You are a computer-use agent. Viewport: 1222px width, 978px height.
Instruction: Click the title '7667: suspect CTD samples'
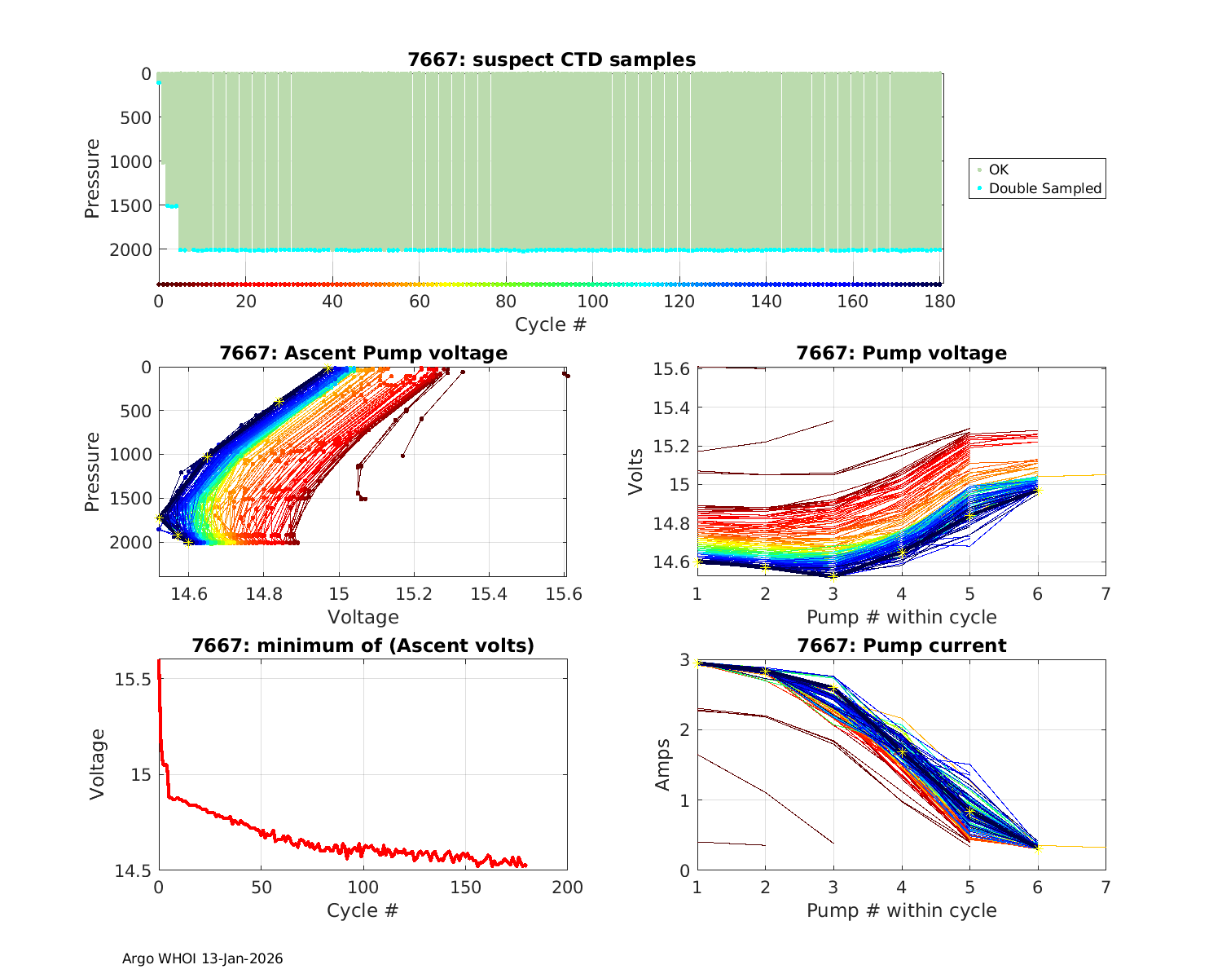[552, 59]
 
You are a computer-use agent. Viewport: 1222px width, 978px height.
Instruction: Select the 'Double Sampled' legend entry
[1044, 188]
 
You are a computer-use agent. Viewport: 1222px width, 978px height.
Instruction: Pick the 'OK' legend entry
[998, 170]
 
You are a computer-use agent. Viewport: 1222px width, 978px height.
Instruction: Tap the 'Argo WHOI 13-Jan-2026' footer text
[202, 958]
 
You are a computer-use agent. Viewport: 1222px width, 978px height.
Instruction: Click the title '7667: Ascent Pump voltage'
[363, 353]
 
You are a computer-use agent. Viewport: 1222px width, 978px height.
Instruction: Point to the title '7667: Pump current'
[901, 645]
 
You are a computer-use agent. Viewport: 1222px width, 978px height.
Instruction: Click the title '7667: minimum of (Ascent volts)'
[363, 645]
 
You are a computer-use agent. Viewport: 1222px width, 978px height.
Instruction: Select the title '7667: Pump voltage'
[901, 353]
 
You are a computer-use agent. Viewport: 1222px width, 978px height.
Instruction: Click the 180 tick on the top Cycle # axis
[940, 302]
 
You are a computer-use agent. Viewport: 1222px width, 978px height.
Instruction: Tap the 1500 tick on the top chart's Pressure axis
[130, 205]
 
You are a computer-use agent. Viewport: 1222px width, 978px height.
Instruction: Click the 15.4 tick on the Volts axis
[671, 407]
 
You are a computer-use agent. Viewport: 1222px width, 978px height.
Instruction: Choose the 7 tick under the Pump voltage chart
[1106, 594]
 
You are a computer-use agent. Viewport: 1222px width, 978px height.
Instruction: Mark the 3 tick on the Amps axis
[685, 659]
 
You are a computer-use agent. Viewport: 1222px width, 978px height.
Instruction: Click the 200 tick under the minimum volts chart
[567, 888]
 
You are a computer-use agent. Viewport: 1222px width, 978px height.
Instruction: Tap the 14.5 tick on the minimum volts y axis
[134, 871]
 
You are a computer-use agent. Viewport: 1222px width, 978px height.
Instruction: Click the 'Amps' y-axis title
[663, 764]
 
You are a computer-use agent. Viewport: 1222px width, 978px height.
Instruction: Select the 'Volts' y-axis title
[636, 472]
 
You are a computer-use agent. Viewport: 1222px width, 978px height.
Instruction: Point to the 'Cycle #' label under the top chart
[551, 324]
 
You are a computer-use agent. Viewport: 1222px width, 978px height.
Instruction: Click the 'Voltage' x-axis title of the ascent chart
[363, 617]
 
